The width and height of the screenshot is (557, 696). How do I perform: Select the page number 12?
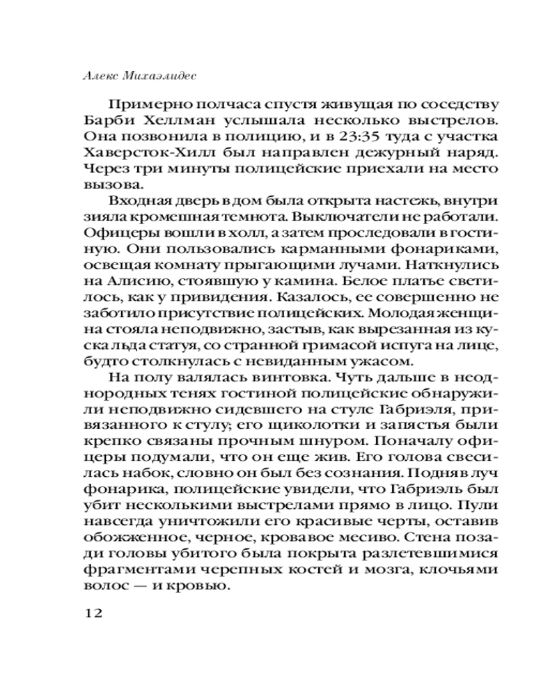93,613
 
